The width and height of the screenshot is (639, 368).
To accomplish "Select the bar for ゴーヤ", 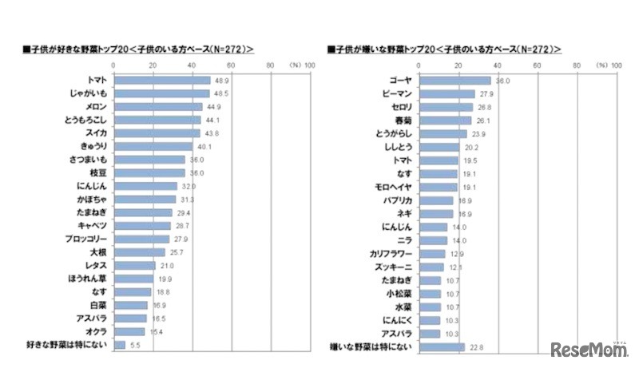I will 454,81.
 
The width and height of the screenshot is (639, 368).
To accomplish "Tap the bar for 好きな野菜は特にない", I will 120,345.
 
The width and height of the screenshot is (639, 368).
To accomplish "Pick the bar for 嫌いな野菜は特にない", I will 441,346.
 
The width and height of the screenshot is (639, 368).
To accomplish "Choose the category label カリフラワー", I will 390,253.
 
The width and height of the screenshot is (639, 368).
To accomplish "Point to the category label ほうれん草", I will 89,279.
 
